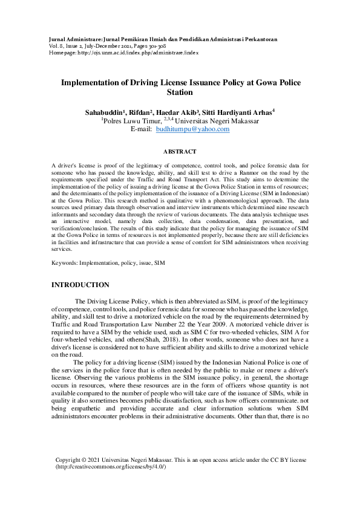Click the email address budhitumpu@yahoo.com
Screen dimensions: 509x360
(187, 129)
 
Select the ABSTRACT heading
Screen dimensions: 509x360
(180, 152)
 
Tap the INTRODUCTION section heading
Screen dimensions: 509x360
(80, 285)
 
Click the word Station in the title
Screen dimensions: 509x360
(180, 93)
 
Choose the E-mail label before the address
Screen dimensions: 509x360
(140, 129)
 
